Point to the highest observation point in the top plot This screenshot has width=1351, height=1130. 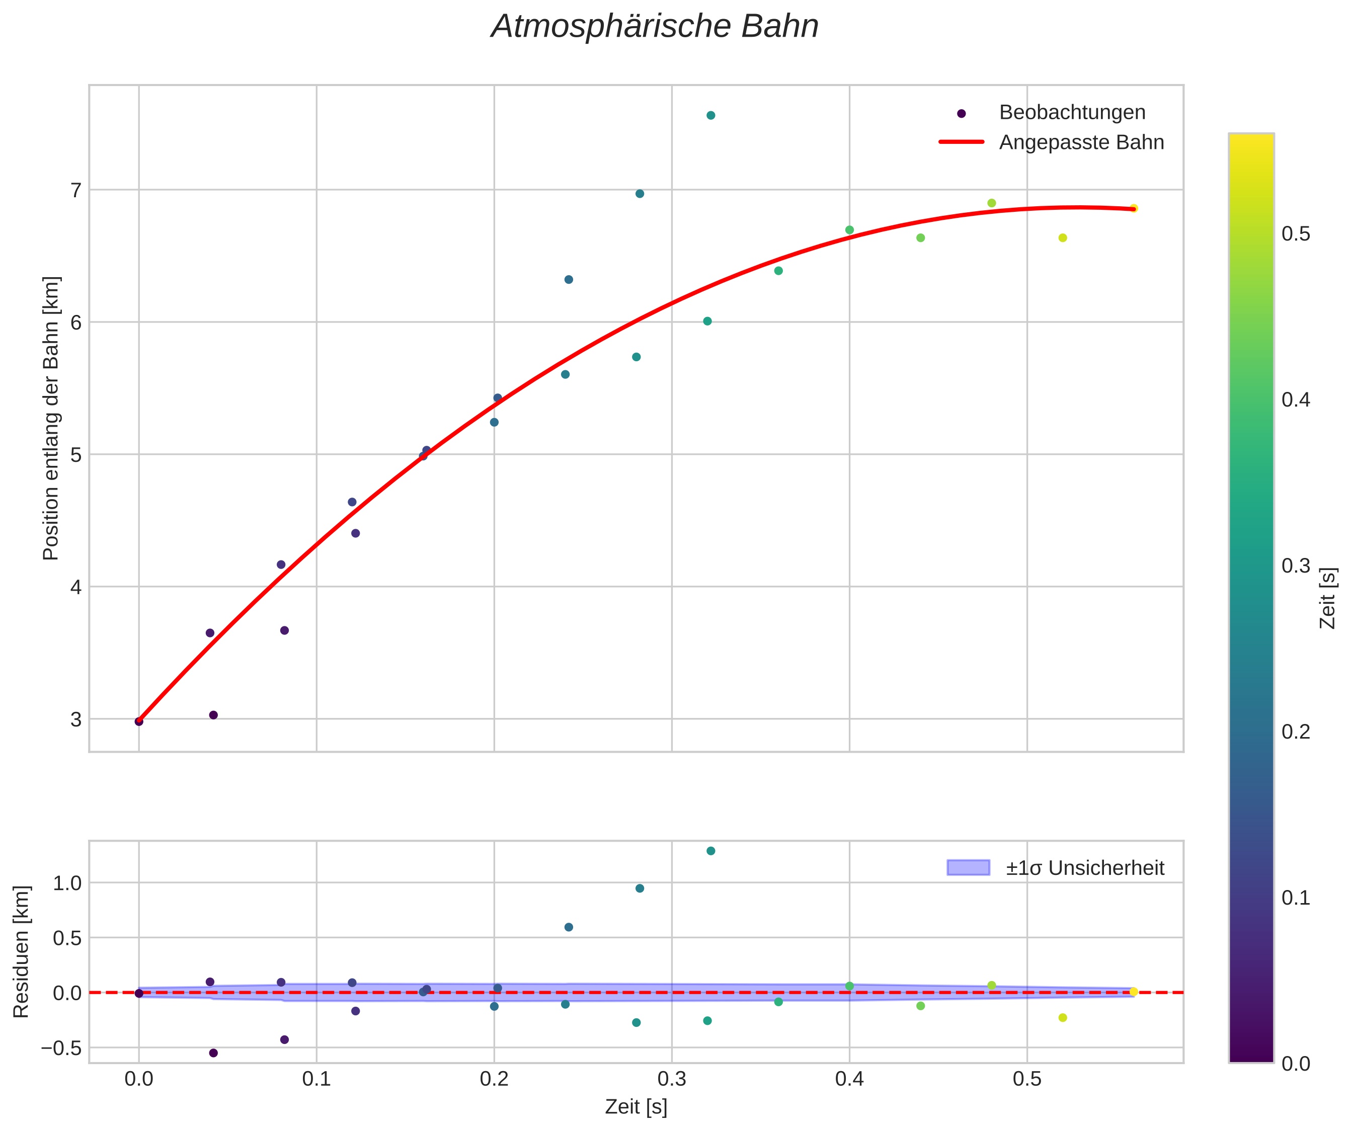pyautogui.click(x=711, y=115)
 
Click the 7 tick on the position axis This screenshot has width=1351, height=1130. pyautogui.click(x=76, y=190)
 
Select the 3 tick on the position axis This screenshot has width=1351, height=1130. pyautogui.click(x=76, y=719)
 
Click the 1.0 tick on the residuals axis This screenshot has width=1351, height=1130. pyautogui.click(x=67, y=883)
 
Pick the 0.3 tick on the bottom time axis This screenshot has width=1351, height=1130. pyautogui.click(x=672, y=1079)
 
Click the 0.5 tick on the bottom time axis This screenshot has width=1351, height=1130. pyautogui.click(x=1027, y=1079)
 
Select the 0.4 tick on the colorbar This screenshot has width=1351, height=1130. pyautogui.click(x=1296, y=400)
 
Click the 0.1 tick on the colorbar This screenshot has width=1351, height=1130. pyautogui.click(x=1296, y=898)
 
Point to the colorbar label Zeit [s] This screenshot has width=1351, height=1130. pyautogui.click(x=1328, y=598)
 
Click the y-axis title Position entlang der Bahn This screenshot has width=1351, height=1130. pyautogui.click(x=51, y=418)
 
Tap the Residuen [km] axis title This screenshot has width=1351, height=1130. pyautogui.click(x=22, y=952)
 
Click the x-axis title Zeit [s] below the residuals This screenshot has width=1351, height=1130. pyautogui.click(x=635, y=1107)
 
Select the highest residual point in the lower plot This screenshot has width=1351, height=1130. pyautogui.click(x=711, y=851)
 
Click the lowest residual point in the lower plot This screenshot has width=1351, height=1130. pyautogui.click(x=213, y=1053)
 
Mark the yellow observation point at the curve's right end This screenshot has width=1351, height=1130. pyautogui.click(x=1134, y=208)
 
